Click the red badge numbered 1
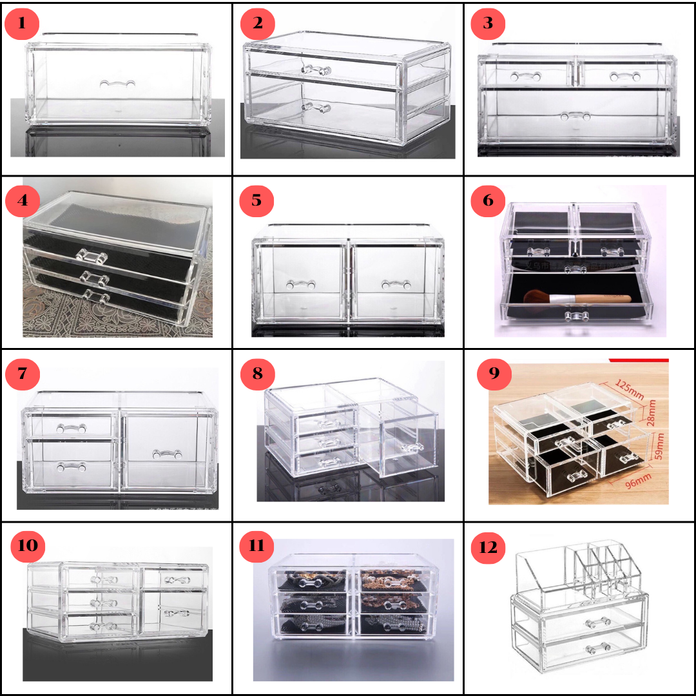[22, 24]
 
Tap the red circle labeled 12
[489, 548]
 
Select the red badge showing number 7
[22, 374]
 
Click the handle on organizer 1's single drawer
[117, 84]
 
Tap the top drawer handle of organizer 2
[316, 69]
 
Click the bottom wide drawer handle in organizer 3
[575, 117]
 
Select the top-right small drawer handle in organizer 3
[624, 77]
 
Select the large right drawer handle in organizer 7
[167, 454]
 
